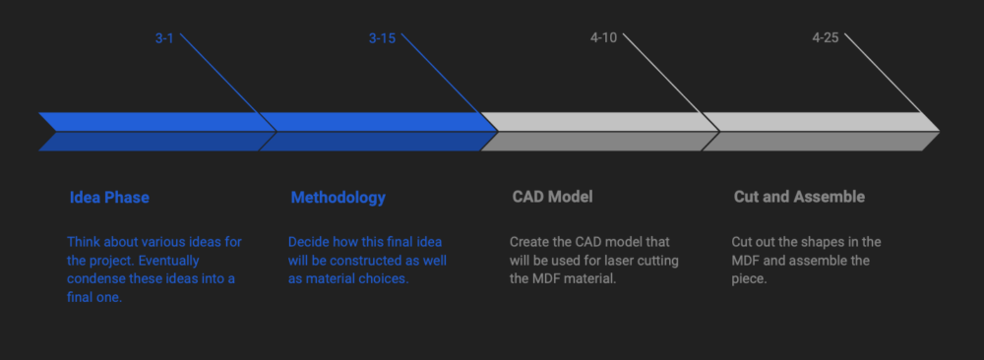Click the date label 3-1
(x=164, y=38)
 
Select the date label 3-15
(x=382, y=38)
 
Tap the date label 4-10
(x=604, y=37)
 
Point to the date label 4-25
(x=826, y=37)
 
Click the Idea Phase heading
(x=109, y=198)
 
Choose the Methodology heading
(x=338, y=198)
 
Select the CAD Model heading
(x=552, y=197)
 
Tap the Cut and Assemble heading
(x=799, y=197)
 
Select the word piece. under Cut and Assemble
(x=749, y=279)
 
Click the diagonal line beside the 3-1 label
(x=228, y=83)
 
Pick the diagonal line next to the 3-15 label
(x=450, y=83)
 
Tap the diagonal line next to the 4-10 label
(x=671, y=83)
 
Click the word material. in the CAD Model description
(x=589, y=278)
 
